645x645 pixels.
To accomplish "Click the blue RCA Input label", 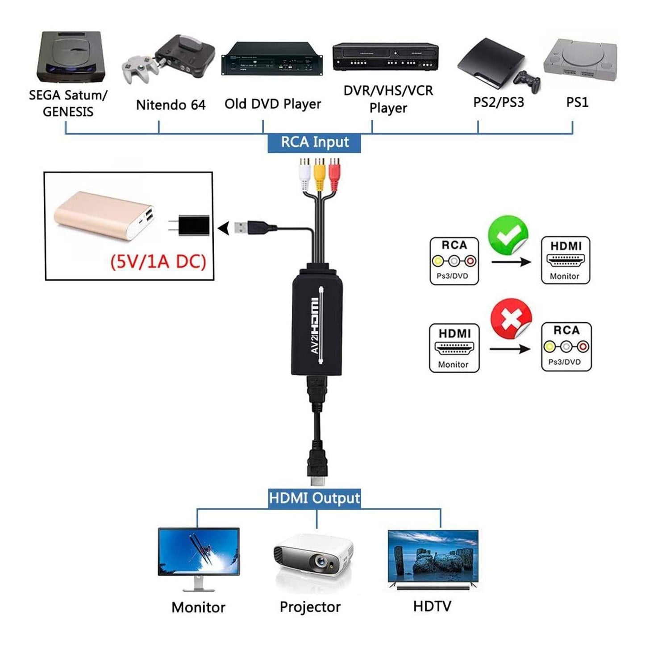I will click(314, 142).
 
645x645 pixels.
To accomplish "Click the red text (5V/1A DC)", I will click(158, 261).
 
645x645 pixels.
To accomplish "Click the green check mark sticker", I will click(508, 235).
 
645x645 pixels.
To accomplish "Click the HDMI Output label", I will click(314, 498).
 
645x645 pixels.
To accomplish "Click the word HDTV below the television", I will click(432, 606).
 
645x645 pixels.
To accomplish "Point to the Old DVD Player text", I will click(273, 104).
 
